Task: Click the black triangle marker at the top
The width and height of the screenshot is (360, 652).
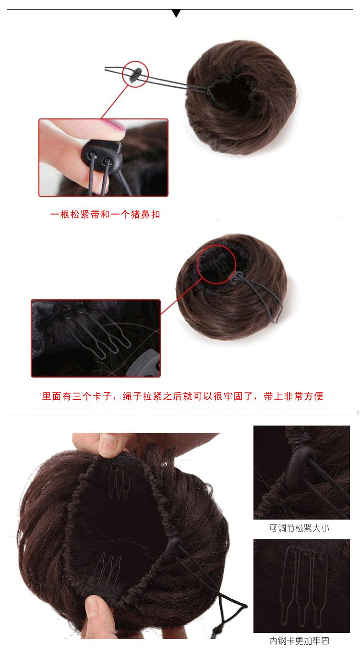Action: pyautogui.click(x=176, y=13)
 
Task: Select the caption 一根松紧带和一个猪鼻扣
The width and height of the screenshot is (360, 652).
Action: pyautogui.click(x=105, y=214)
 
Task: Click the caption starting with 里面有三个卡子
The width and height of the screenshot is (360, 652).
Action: pyautogui.click(x=182, y=396)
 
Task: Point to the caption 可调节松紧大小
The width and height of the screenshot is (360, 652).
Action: pyautogui.click(x=299, y=528)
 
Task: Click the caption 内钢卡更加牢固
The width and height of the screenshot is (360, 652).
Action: pyautogui.click(x=299, y=641)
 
